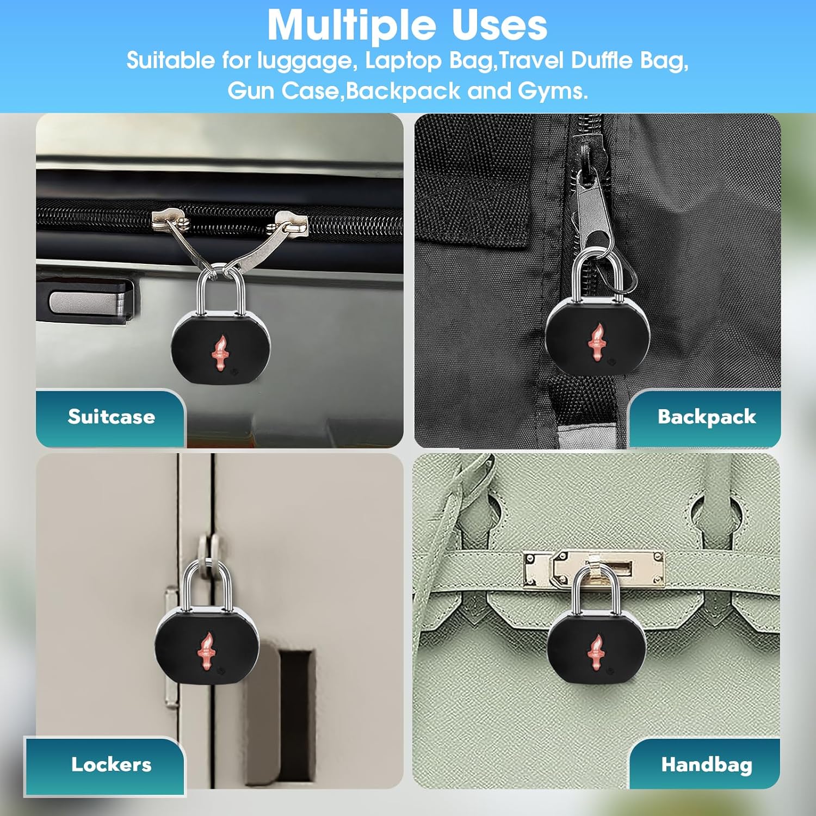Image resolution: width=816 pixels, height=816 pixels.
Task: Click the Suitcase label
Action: pos(112,417)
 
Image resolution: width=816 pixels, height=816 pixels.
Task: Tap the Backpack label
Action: pos(706,417)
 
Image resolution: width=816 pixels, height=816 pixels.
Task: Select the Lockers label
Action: pos(111,764)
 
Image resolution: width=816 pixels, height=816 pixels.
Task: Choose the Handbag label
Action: pos(706,764)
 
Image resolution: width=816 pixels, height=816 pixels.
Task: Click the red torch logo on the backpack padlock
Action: pos(597,342)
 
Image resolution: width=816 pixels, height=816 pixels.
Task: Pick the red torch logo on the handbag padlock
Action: pos(596,652)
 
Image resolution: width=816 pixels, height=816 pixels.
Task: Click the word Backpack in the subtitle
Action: pos(403,90)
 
